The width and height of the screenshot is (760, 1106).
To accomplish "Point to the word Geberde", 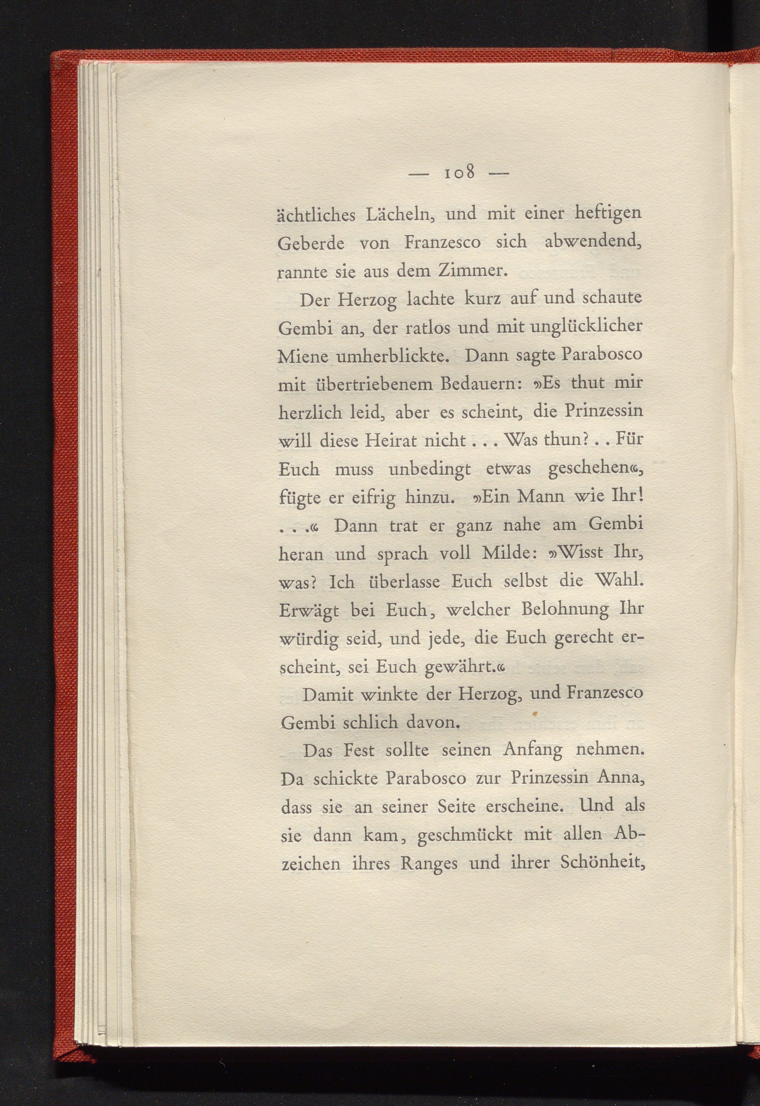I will coord(311,243).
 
